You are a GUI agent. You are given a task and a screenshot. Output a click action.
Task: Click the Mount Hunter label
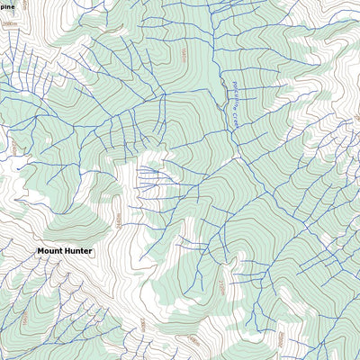[64, 251]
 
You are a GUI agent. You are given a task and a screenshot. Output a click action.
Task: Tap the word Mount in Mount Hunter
[49, 251]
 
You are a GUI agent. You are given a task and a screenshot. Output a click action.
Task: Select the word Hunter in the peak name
[77, 251]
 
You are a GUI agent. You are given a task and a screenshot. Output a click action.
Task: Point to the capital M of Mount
[40, 251]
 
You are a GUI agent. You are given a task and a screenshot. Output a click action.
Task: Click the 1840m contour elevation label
[184, 56]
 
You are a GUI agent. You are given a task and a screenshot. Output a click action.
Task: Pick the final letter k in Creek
[230, 125]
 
